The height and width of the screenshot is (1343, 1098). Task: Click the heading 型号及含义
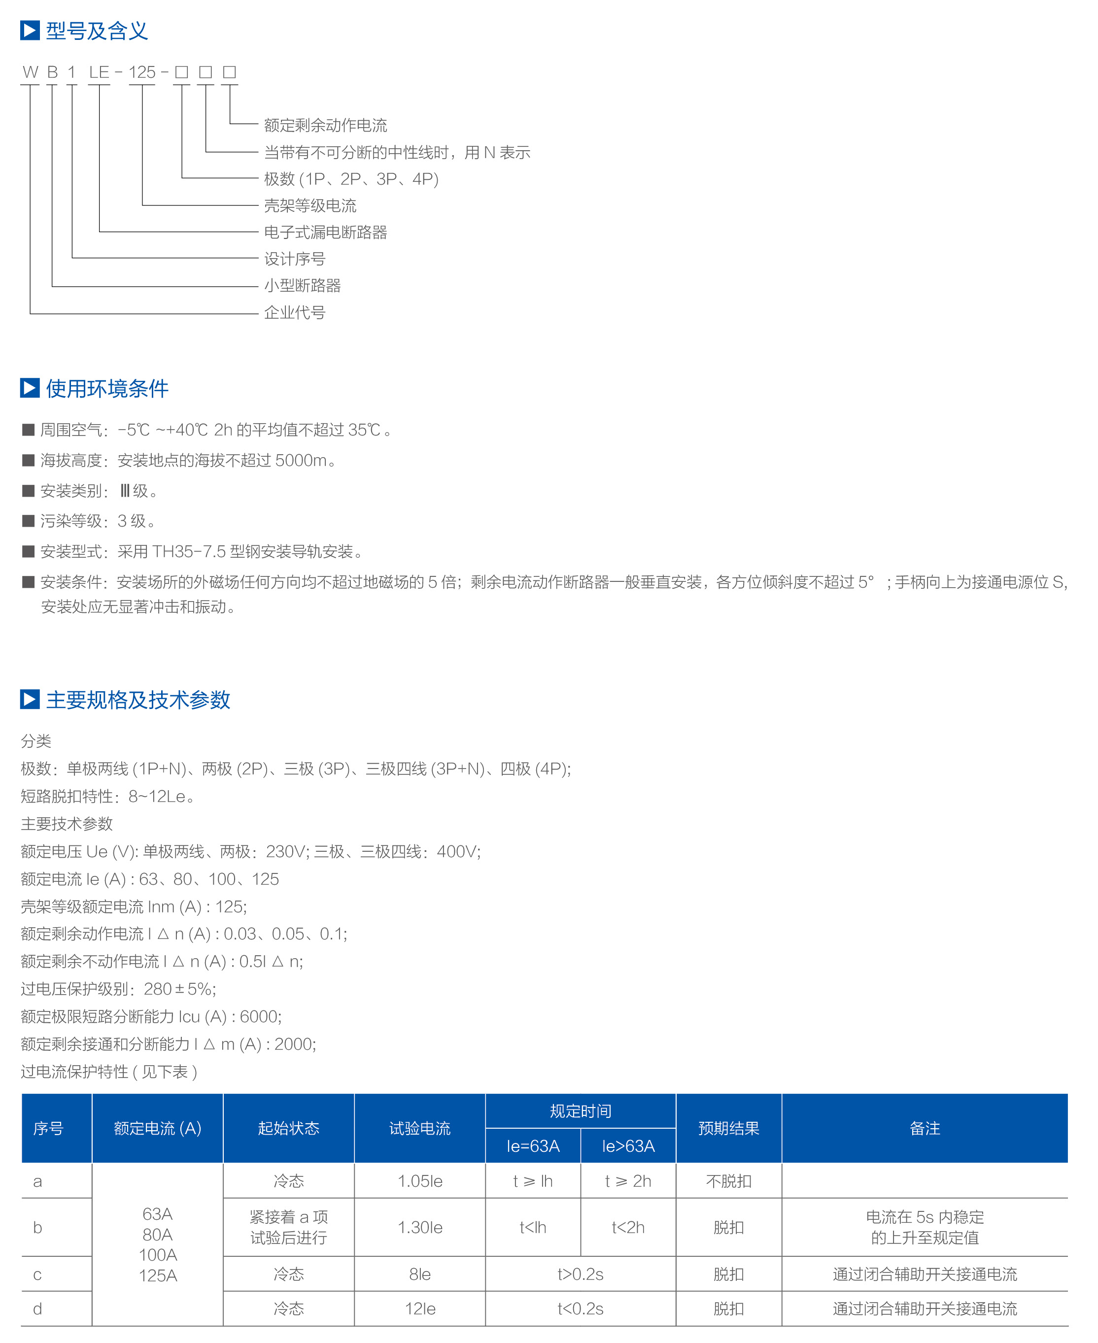(x=96, y=31)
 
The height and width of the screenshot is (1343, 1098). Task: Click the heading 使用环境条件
(x=107, y=388)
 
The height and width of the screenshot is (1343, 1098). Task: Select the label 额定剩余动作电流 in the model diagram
(x=325, y=125)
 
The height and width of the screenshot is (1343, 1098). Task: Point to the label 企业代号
(x=294, y=312)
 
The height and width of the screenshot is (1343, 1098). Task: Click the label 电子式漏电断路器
(x=325, y=232)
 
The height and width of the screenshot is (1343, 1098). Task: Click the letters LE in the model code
(x=99, y=72)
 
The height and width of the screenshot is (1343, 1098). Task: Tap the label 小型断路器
(x=302, y=286)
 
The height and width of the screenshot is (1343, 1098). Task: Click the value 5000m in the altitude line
(x=301, y=460)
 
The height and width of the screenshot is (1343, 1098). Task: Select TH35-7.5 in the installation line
(x=188, y=551)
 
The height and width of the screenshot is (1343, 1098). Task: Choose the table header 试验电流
(x=419, y=1128)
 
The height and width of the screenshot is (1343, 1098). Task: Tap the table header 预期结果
(x=728, y=1128)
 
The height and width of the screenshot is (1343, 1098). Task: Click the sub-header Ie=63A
(x=533, y=1146)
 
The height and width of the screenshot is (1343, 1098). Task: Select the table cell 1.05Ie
(x=419, y=1180)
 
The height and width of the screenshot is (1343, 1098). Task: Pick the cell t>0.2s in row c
(x=580, y=1274)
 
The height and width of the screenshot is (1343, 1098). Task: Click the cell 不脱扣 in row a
(x=728, y=1180)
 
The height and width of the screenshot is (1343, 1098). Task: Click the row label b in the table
(x=37, y=1227)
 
